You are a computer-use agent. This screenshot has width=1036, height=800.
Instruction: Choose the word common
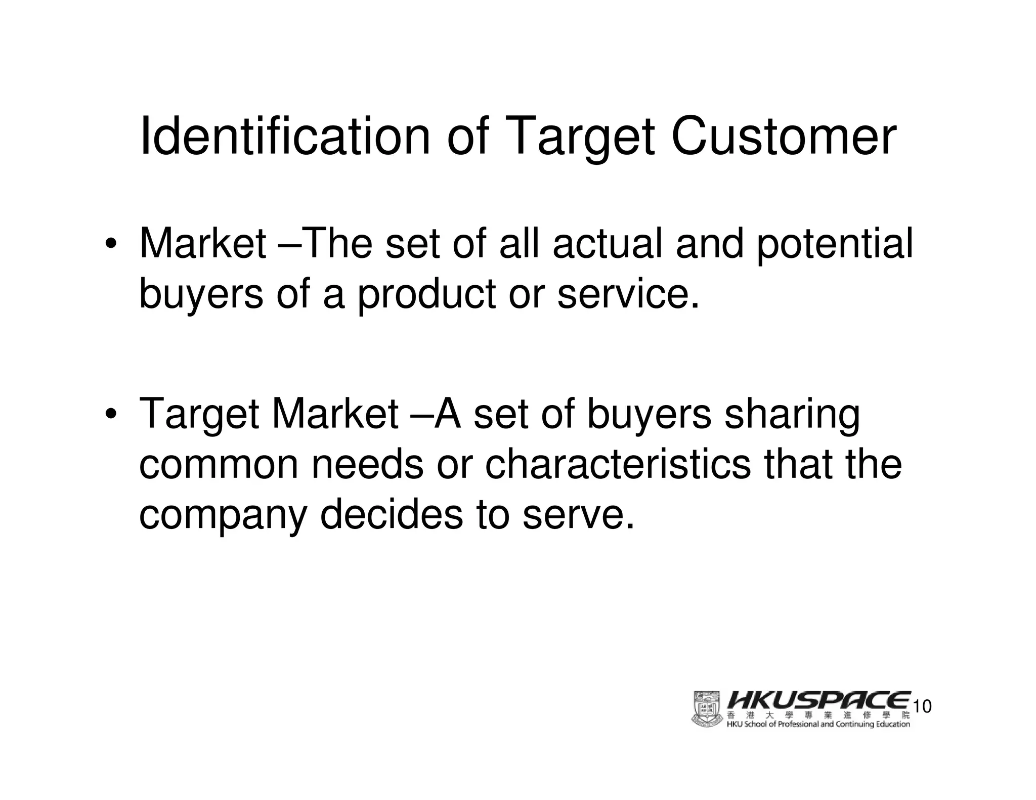(219, 465)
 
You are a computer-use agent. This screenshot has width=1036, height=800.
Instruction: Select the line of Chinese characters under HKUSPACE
(818, 715)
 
